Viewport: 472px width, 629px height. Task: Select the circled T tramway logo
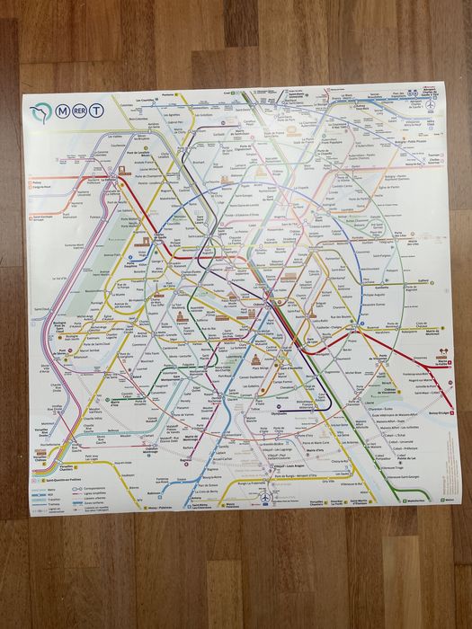click(x=94, y=111)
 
